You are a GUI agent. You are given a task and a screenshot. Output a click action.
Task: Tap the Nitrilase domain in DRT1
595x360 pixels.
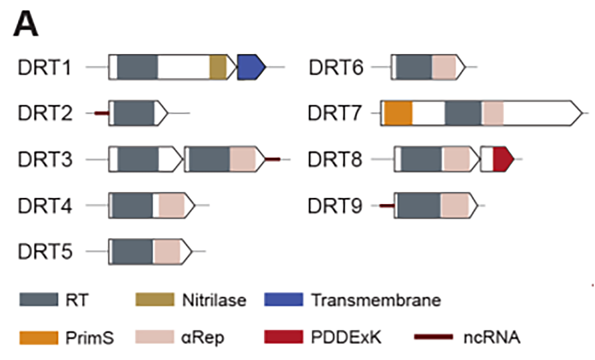218,67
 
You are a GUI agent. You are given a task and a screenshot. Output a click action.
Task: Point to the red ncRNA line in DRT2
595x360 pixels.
101,113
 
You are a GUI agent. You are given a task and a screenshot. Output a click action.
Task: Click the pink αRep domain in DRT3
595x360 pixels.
243,159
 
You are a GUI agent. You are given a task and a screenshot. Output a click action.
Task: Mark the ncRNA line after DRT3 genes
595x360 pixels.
273,159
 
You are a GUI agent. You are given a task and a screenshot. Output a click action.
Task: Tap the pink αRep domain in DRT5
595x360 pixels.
167,252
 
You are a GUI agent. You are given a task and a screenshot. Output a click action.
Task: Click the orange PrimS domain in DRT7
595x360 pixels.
398,113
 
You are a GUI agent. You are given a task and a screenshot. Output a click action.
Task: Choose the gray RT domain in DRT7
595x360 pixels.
463,113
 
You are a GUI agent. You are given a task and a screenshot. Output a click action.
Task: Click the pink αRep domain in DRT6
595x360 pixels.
444,67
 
